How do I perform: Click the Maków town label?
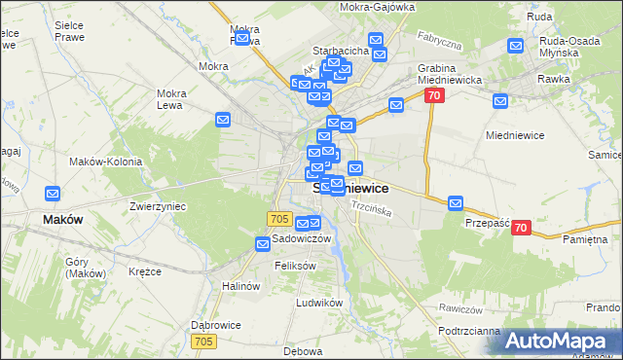[x=62, y=220]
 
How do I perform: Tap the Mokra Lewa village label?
[x=171, y=99]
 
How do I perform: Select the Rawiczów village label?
[x=461, y=308]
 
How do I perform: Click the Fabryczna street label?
[x=439, y=44]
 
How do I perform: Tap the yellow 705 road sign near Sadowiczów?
[x=280, y=220]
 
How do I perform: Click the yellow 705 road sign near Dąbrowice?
[x=203, y=341]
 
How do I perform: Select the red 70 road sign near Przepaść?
[x=521, y=228]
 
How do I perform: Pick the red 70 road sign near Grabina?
[x=434, y=95]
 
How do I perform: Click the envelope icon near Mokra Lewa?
[x=223, y=120]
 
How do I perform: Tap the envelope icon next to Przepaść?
[x=456, y=203]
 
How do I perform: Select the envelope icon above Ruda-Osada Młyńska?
[x=517, y=45]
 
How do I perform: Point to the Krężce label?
[x=144, y=271]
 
